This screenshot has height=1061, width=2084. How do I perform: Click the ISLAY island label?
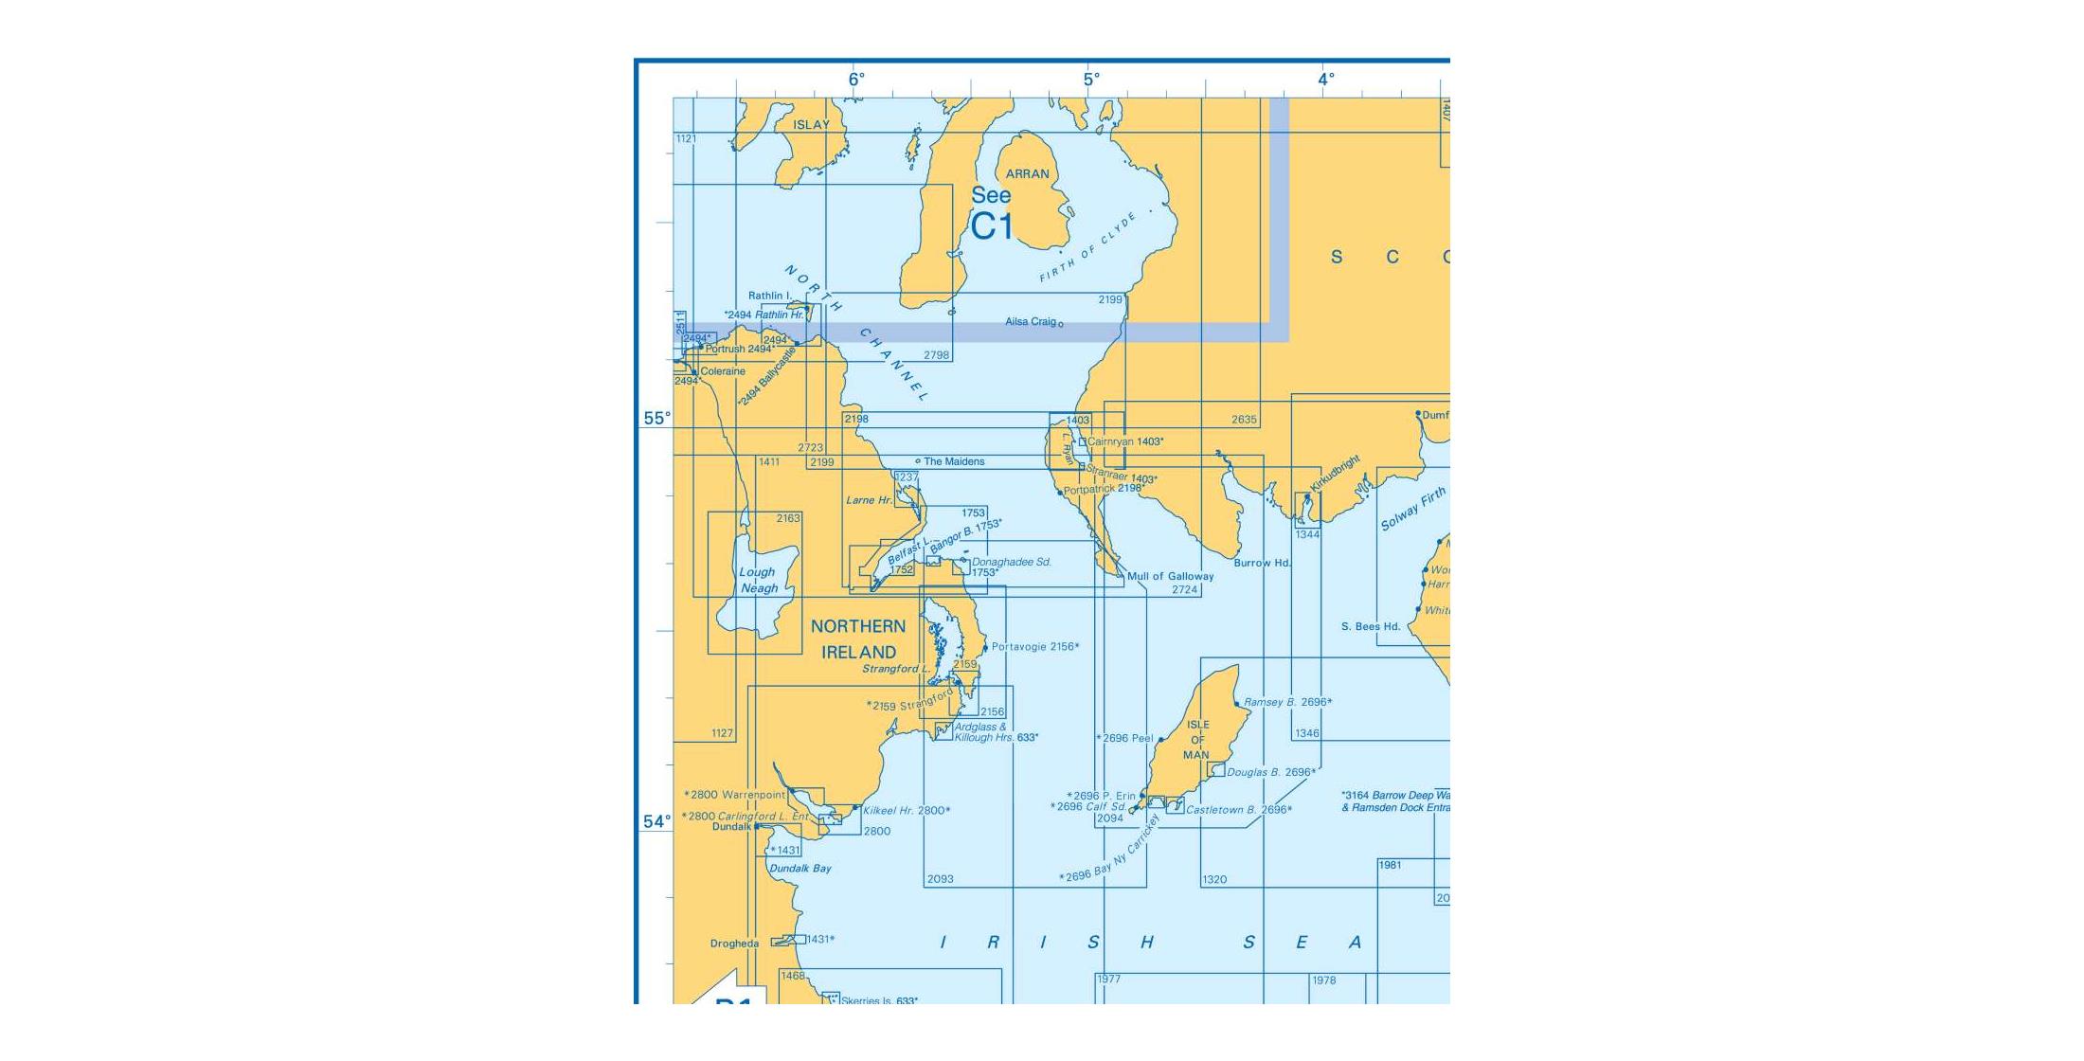point(811,125)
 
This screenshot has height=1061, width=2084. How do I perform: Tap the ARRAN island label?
point(1027,174)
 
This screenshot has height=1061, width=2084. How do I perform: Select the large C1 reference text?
point(992,227)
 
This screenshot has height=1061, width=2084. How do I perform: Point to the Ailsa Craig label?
point(1031,322)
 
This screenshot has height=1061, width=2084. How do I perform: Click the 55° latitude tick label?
point(656,419)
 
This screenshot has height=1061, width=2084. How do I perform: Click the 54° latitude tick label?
point(656,822)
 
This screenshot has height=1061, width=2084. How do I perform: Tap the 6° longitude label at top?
point(856,80)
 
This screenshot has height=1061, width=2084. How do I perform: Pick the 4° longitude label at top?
point(1326,80)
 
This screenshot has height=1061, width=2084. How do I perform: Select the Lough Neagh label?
point(758,580)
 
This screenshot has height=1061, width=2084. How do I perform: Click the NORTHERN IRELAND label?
point(858,639)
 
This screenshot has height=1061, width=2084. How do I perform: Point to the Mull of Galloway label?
point(1170,576)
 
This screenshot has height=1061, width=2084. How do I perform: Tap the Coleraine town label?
point(723,371)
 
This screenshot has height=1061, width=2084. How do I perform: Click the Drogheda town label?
point(734,944)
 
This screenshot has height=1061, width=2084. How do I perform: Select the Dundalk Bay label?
point(800,869)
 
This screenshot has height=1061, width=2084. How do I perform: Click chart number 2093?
point(940,879)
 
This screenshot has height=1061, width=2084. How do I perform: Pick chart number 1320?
point(1214,880)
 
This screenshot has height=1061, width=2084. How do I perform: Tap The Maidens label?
point(954,462)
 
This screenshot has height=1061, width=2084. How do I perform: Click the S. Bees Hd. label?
point(1371,626)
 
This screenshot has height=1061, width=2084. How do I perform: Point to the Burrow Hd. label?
point(1263,563)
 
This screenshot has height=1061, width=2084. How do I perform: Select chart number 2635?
point(1244,420)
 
